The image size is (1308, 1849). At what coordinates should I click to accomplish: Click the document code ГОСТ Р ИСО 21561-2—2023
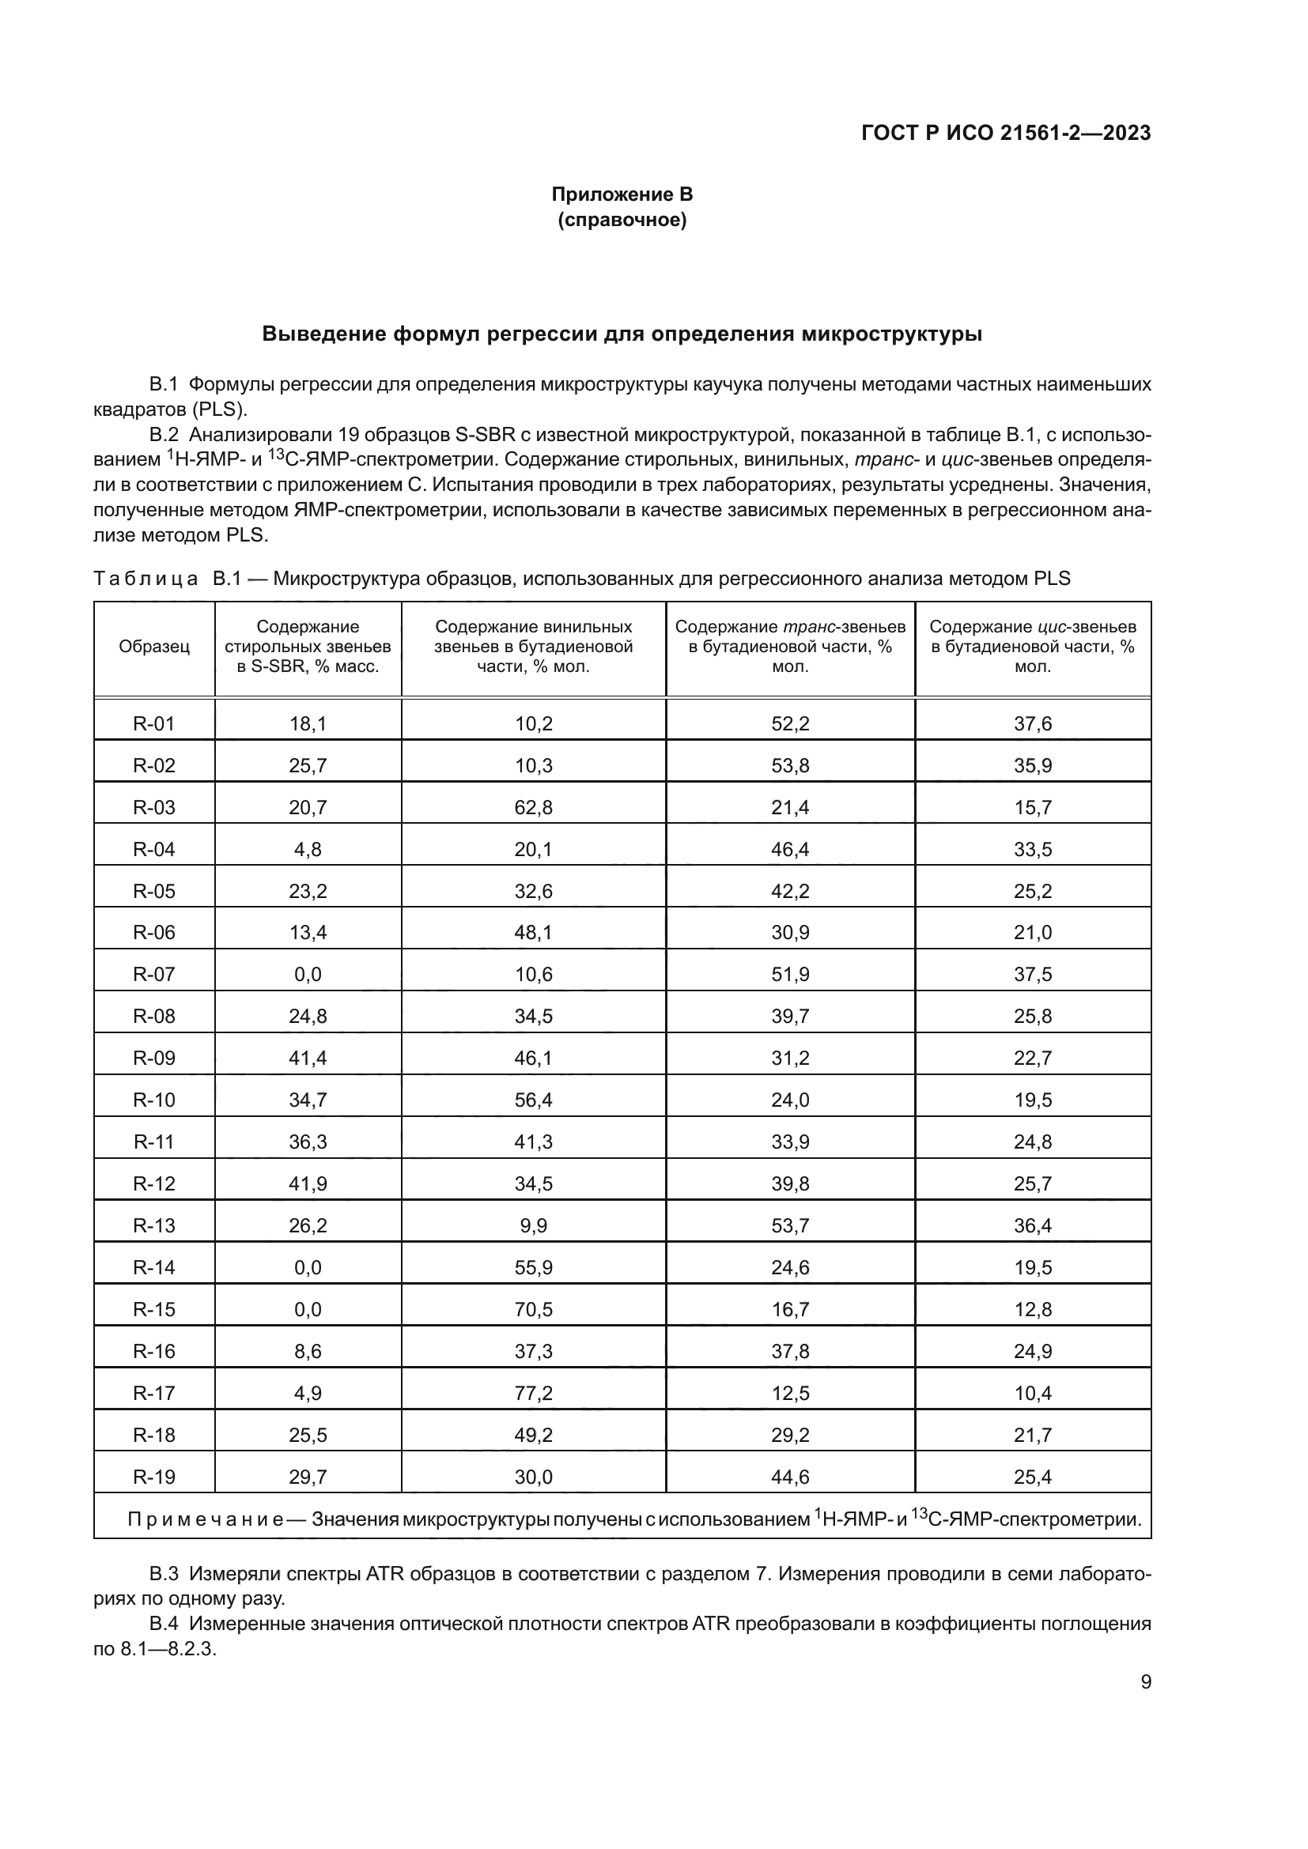[x=1005, y=133]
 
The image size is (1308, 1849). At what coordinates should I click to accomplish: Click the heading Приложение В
[x=622, y=194]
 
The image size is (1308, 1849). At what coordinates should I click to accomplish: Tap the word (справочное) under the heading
[x=622, y=220]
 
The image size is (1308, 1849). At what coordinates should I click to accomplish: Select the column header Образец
[x=154, y=647]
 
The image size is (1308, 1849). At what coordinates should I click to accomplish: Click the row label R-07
[x=154, y=975]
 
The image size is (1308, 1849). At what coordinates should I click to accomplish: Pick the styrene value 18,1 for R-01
[x=308, y=724]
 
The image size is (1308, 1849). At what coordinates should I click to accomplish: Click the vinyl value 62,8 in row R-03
[x=533, y=808]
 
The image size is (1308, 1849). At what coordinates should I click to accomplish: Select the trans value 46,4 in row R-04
[x=789, y=850]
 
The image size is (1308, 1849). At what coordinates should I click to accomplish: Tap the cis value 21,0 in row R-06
[x=1033, y=933]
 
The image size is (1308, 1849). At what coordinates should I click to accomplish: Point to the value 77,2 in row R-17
[x=533, y=1393]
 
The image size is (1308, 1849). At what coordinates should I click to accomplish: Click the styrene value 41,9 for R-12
[x=308, y=1184]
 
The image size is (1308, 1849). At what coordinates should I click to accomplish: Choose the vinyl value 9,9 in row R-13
[x=533, y=1226]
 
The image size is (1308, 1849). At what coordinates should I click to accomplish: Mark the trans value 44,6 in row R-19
[x=789, y=1477]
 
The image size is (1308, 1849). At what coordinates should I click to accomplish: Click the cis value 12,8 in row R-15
[x=1033, y=1309]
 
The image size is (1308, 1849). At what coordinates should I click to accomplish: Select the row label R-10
[x=154, y=1100]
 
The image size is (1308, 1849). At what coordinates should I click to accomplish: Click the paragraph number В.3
[x=164, y=1573]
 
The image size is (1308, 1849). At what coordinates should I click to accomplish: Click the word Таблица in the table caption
[x=146, y=578]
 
